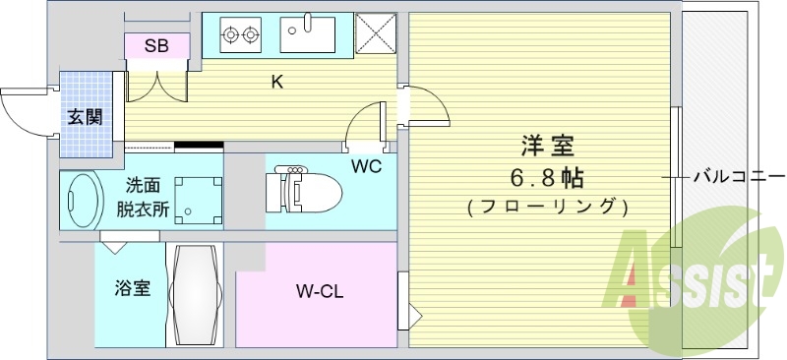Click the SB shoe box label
156,45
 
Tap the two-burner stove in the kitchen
242,35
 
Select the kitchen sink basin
308,34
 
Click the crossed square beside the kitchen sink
374,34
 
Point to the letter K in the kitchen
277,82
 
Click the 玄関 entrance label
84,115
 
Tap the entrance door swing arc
22,110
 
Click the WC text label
367,165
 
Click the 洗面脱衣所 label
144,197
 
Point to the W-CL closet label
319,291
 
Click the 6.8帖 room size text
547,178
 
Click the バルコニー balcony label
733,177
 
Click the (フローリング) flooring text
547,208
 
